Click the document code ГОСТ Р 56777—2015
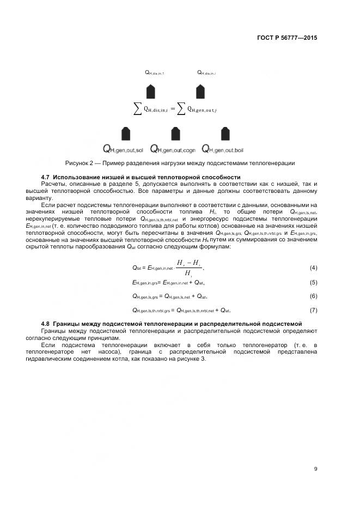tap(286, 38)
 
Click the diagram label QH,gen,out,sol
tap(123, 149)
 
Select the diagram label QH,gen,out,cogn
tap(174, 149)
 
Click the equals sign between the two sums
tap(173, 108)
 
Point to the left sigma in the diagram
tap(138, 108)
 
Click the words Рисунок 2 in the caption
tap(79, 163)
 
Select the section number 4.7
tap(46, 178)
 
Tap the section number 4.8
tap(46, 324)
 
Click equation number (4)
tap(313, 268)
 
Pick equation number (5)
tap(313, 282)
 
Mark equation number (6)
tap(313, 296)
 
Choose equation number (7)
tap(313, 310)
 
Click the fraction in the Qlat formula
tap(188, 267)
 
